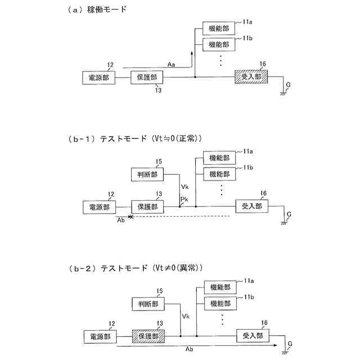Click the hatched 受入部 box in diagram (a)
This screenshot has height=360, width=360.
pyautogui.click(x=251, y=77)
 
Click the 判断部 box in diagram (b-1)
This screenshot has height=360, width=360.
pyautogui.click(x=147, y=175)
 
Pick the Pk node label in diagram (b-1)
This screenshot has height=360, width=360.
pyautogui.click(x=184, y=200)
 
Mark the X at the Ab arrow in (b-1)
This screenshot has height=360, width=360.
pyautogui.click(x=131, y=217)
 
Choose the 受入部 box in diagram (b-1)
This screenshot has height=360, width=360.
pyautogui.click(x=251, y=206)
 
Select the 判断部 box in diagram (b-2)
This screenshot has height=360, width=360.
pyautogui.click(x=148, y=304)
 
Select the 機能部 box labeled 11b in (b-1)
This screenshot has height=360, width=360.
pyautogui.click(x=219, y=173)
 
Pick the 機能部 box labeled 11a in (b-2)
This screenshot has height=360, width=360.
pyautogui.click(x=219, y=287)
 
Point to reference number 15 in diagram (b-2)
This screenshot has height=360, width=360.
pyautogui.click(x=159, y=291)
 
